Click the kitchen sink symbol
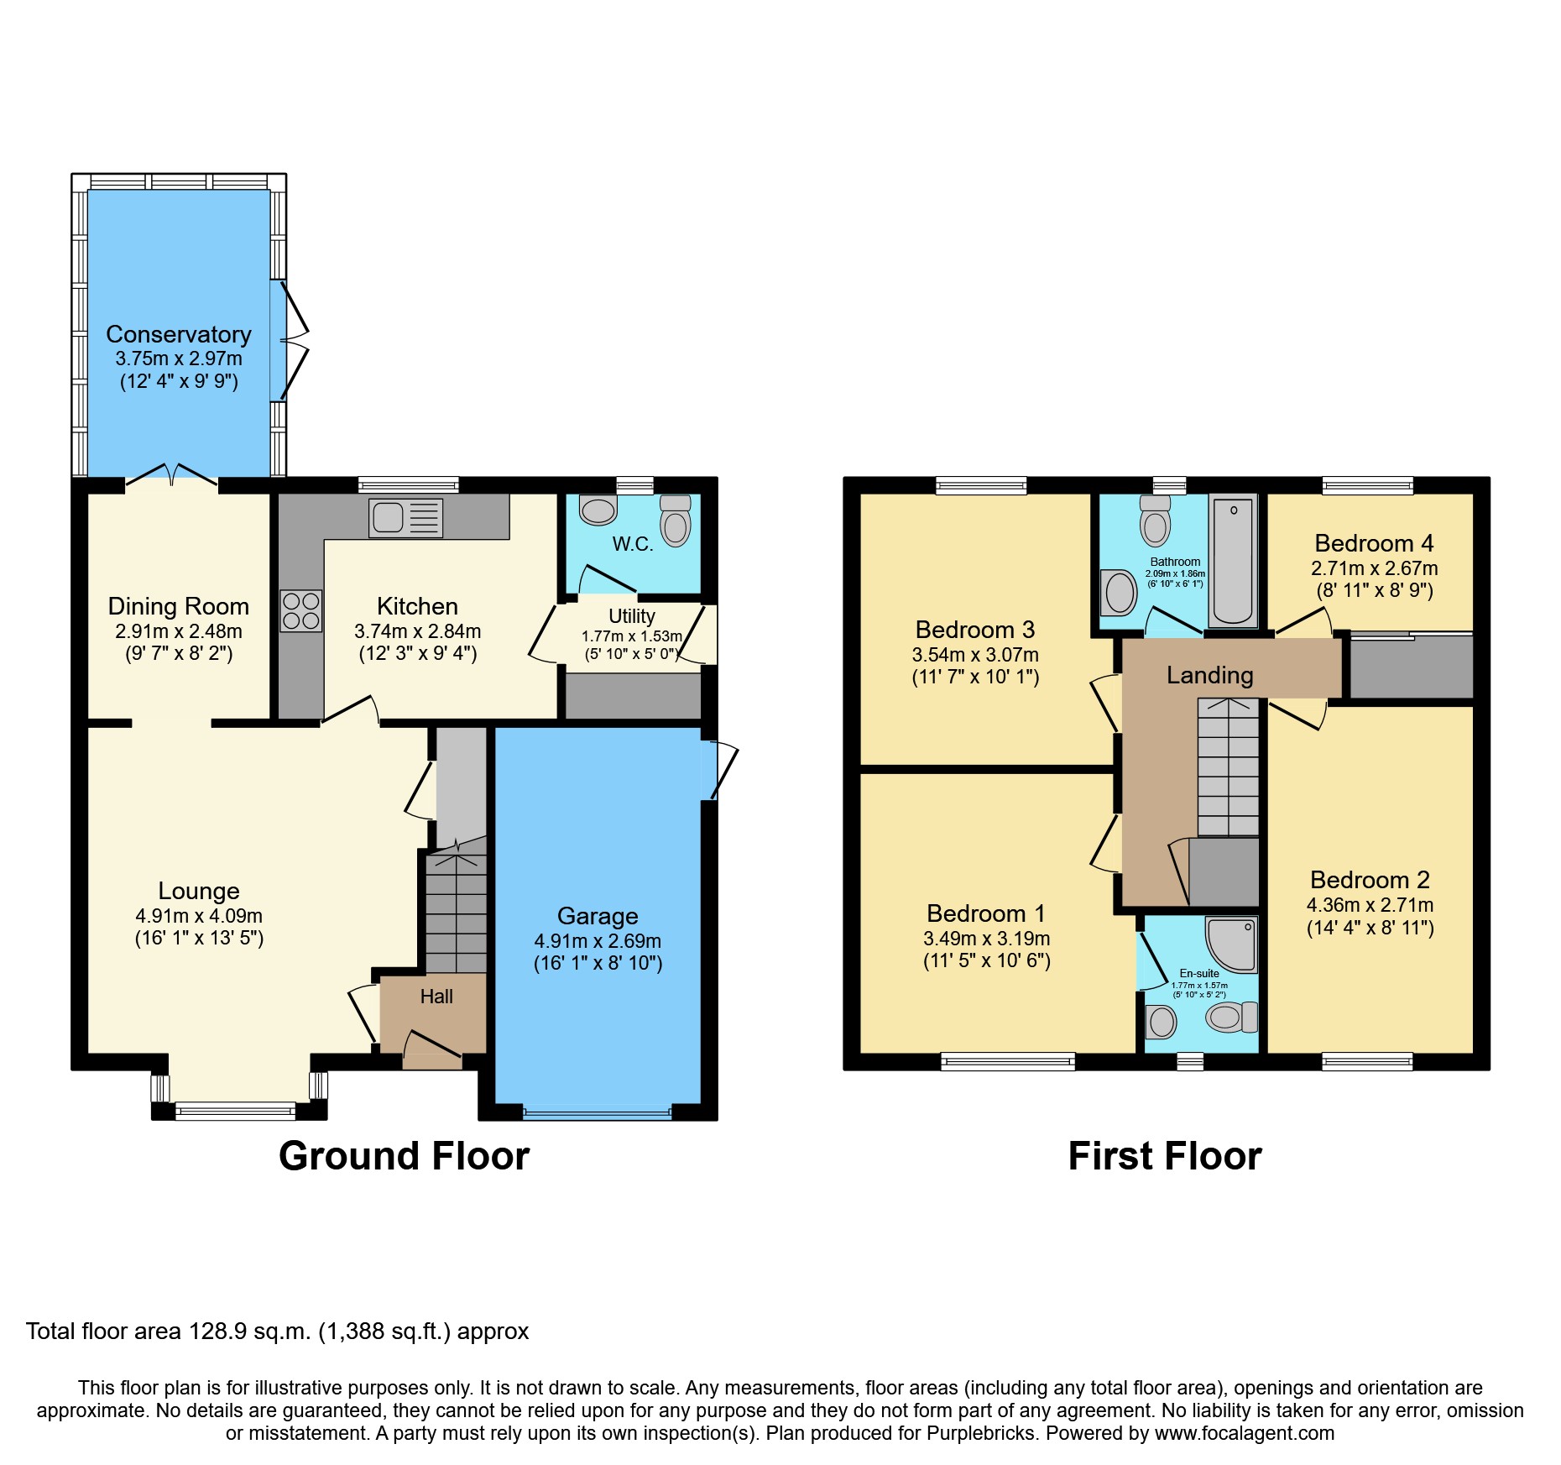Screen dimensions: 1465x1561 pos(406,517)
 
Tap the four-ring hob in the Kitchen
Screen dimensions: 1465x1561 pos(301,610)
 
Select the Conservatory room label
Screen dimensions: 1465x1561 pos(179,334)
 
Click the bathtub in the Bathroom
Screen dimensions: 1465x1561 pos(1233,559)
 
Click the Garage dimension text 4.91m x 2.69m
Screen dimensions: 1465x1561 pos(598,941)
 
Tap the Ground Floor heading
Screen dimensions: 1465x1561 pos(404,1156)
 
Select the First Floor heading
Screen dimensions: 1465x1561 pos(1165,1156)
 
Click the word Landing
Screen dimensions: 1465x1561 pos(1209,675)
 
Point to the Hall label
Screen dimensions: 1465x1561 pos(436,997)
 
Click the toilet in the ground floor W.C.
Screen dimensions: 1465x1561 pos(676,522)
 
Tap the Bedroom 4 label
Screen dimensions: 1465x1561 pos(1374,543)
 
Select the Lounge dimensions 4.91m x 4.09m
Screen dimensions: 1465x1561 pos(199,916)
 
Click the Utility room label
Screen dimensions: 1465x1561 pos(631,616)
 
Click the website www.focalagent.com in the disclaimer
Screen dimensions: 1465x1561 pos(1245,1433)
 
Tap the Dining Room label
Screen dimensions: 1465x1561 pos(179,606)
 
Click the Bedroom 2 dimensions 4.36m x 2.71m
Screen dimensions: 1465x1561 pos(1370,905)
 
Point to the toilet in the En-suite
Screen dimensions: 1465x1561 pos(1231,1018)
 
